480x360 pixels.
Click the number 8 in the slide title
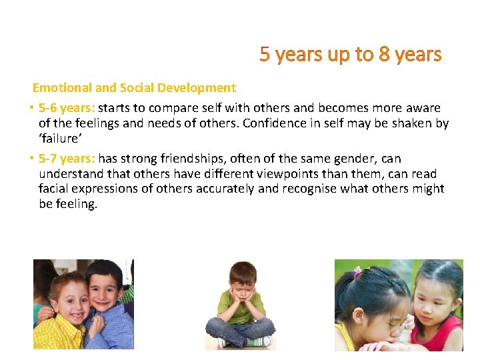coord(384,55)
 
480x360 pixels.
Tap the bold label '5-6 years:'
coord(67,108)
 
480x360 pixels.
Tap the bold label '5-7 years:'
coord(67,159)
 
